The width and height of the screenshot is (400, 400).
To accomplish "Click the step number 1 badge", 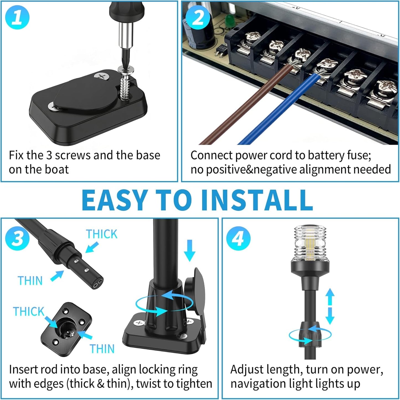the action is click(x=17, y=17).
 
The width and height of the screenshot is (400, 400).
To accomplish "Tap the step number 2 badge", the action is click(x=197, y=18).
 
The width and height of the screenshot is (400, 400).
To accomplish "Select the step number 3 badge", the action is click(x=17, y=238).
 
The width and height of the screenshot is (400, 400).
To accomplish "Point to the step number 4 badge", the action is click(x=238, y=238).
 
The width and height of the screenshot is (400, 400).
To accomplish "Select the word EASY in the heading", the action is click(x=113, y=200).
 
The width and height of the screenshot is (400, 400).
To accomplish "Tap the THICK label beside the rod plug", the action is click(x=102, y=234).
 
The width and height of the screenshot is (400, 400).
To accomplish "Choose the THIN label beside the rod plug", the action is click(x=30, y=281).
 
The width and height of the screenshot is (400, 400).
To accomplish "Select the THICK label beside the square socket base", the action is click(x=29, y=312).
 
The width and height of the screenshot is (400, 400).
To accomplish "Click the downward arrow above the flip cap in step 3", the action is click(x=190, y=250).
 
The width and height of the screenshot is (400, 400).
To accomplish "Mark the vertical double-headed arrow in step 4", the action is click(x=330, y=306).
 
